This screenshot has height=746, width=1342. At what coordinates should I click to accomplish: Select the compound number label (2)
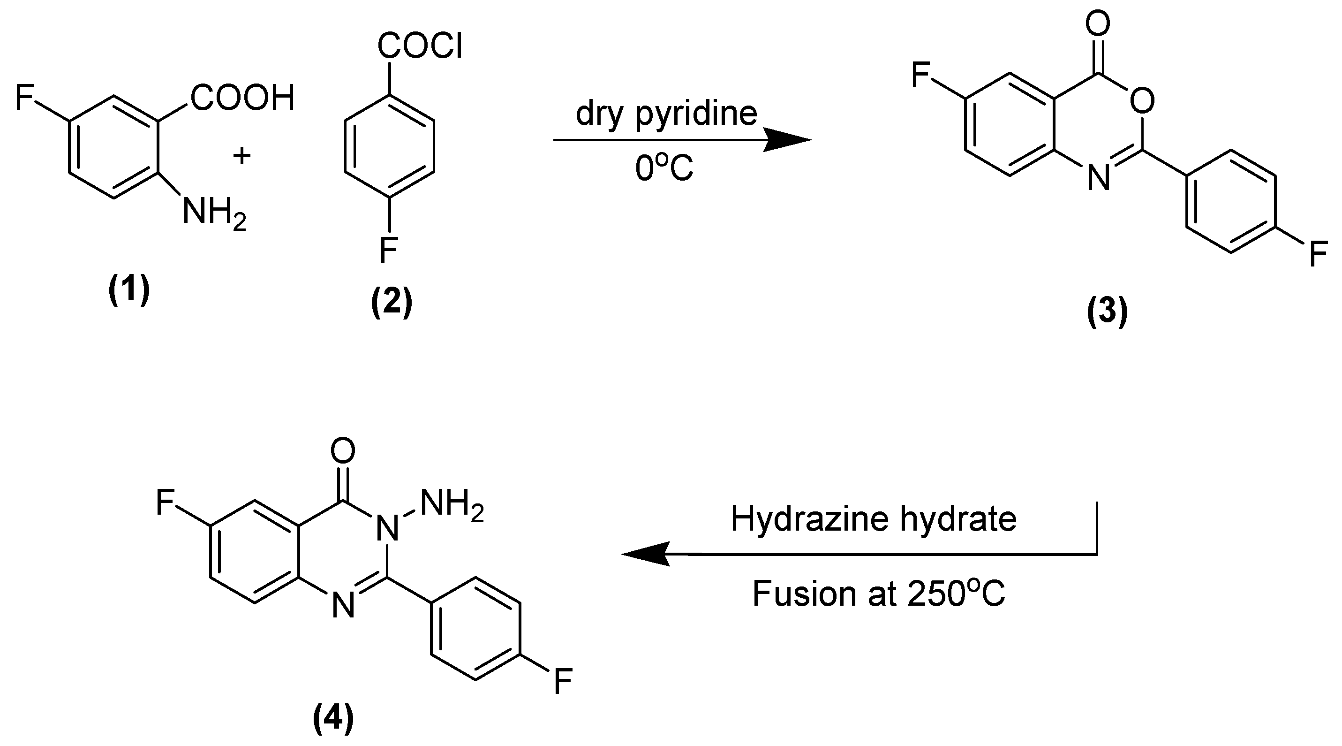coord(391,302)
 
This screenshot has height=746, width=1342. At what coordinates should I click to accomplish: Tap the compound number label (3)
coord(1107,312)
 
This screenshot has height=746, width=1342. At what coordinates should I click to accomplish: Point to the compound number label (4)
coord(333,718)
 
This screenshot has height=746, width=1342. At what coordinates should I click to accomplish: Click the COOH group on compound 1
coord(243,98)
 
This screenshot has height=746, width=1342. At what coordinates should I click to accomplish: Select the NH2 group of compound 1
coord(214,214)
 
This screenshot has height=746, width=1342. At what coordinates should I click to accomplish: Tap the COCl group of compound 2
coord(420,46)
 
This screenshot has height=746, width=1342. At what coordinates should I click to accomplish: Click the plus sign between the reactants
coord(241,155)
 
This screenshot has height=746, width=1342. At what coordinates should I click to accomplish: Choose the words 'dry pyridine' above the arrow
coord(666,114)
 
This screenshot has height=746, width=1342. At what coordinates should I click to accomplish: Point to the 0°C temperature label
coord(664,168)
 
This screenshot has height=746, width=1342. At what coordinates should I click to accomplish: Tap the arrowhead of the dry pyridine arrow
coord(789,140)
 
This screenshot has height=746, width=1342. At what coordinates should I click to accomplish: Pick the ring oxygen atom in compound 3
coord(1142,100)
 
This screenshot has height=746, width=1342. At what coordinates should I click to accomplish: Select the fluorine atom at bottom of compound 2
coord(389,250)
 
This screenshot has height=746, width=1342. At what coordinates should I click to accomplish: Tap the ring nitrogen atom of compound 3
coord(1099,178)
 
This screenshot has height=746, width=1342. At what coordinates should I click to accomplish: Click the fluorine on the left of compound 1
coord(24,98)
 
